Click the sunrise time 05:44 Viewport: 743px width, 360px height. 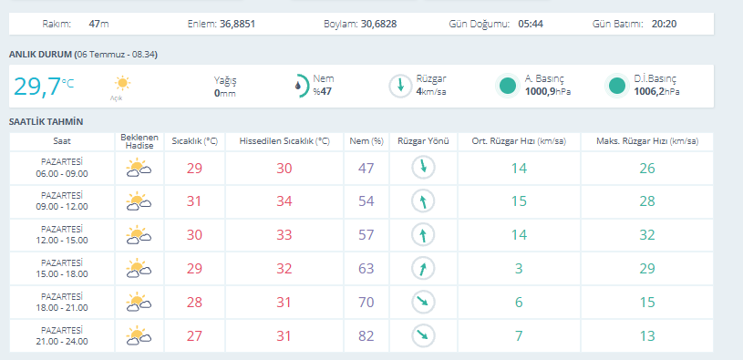[531, 24]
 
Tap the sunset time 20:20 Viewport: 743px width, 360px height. [664, 24]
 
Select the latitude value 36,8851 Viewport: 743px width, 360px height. [237, 24]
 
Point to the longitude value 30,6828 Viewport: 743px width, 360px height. [378, 24]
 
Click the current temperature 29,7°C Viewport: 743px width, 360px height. [44, 87]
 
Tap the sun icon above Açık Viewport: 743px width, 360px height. [122, 83]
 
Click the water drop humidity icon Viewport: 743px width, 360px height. [298, 87]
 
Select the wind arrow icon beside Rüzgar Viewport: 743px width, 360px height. [400, 87]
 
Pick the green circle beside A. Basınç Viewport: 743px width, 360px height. [508, 87]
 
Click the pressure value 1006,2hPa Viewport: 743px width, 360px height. [656, 92]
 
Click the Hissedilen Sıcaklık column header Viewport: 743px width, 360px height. [284, 141]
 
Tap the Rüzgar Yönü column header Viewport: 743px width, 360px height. [423, 141]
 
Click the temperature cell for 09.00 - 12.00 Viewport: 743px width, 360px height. [194, 201]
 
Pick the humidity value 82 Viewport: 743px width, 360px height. [366, 335]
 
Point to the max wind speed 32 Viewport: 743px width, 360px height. [647, 235]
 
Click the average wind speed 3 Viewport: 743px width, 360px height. [519, 269]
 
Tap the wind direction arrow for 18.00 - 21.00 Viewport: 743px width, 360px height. [423, 303]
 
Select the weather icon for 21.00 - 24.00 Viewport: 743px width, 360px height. [139, 334]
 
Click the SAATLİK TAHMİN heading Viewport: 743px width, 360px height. [46, 122]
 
